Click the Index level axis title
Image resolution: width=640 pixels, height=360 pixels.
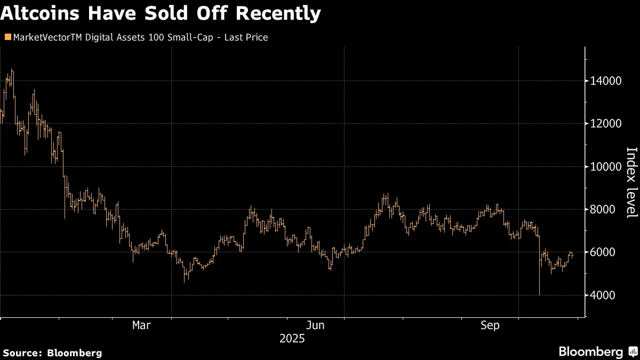(631, 182)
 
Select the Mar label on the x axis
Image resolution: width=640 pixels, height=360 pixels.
(141, 325)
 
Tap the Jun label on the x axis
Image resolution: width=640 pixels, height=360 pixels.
(315, 325)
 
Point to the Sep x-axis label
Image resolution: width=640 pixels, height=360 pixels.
(490, 325)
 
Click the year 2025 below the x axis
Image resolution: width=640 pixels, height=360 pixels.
(292, 339)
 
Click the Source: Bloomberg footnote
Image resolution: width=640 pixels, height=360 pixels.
(52, 353)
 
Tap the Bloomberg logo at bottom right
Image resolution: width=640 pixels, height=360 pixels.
(591, 351)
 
